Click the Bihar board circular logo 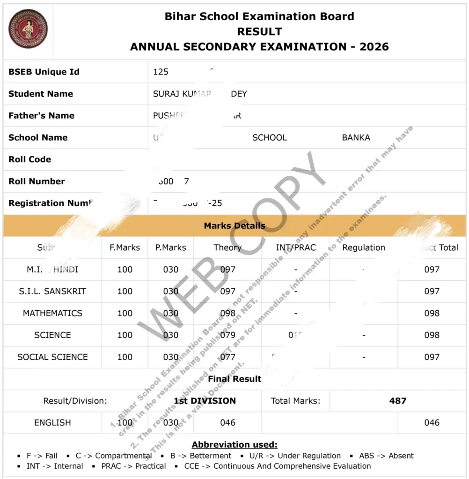(x=28, y=29)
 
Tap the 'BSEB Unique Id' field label (x=44, y=72)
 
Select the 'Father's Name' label (x=41, y=116)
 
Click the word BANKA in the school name (x=356, y=138)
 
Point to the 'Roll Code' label (x=29, y=159)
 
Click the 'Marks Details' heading (x=234, y=225)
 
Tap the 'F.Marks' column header (x=125, y=247)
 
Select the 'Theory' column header (x=227, y=247)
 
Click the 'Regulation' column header (x=364, y=247)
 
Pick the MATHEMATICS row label (x=52, y=313)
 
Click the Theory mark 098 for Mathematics (x=227, y=313)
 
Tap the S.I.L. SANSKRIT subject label (x=52, y=291)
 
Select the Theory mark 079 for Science (x=227, y=335)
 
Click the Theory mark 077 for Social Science (x=227, y=357)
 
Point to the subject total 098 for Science (x=432, y=335)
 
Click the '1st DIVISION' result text (x=205, y=400)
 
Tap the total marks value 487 (x=398, y=400)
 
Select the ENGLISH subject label (x=52, y=422)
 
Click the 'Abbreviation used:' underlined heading (x=234, y=444)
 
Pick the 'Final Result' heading (x=234, y=378)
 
